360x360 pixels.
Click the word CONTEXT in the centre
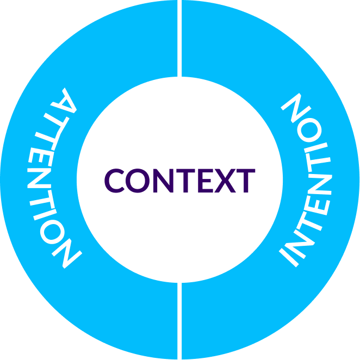click(x=179, y=181)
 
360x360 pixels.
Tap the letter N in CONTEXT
click(x=162, y=181)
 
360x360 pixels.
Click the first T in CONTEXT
click(x=183, y=181)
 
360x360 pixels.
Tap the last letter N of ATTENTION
click(x=64, y=252)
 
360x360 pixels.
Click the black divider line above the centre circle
click(x=179, y=38)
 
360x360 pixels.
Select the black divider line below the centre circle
click(x=179, y=321)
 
